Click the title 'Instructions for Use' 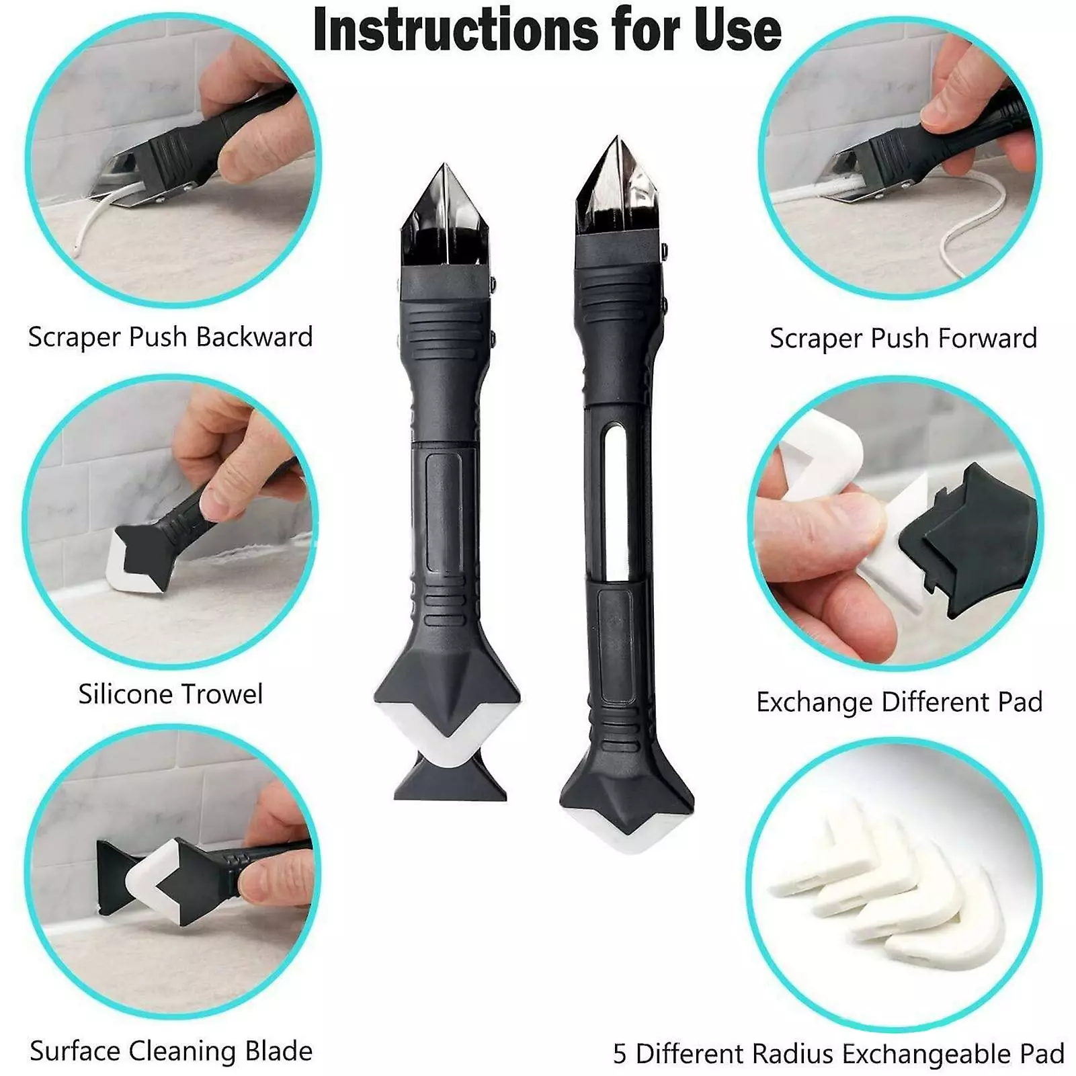point(547,30)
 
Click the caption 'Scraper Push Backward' point(171,337)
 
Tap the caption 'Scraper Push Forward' point(903,338)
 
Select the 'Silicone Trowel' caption point(171,694)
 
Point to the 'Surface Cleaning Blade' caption point(171,1050)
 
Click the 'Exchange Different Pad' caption point(900,702)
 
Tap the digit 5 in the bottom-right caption point(620,1054)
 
